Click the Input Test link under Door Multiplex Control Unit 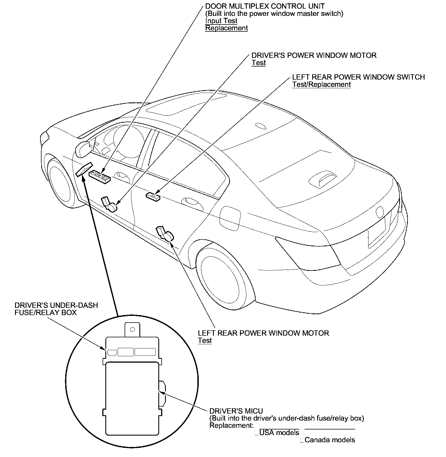point(221,21)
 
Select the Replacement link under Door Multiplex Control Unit point(226,28)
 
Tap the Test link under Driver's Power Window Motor point(258,63)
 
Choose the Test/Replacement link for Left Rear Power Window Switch point(321,85)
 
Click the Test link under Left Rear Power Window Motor point(205,340)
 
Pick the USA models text point(279,433)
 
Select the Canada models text point(330,440)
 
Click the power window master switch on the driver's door point(100,177)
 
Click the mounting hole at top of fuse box point(133,330)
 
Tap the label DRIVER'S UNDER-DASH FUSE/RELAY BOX point(56,309)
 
